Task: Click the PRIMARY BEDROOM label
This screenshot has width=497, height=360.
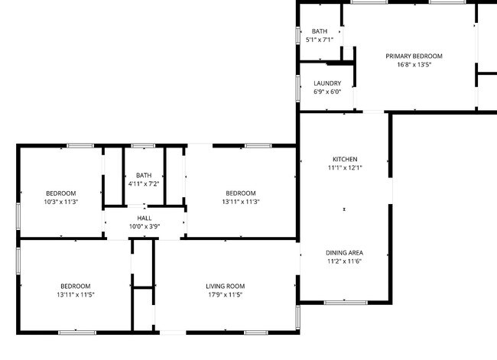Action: point(414,56)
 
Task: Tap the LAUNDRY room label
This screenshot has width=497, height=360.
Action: point(327,83)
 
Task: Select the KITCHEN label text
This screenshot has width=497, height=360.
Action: point(345,159)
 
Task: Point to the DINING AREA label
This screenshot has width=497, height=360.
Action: point(345,252)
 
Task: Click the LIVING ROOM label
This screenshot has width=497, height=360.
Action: point(226,286)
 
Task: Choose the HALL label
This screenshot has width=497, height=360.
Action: point(145,218)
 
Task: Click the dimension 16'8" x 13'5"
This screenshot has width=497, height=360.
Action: point(414,65)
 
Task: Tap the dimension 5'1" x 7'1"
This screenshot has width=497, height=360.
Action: point(320,40)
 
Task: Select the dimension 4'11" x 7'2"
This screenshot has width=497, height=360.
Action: point(144,183)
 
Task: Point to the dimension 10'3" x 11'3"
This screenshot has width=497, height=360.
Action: point(61,202)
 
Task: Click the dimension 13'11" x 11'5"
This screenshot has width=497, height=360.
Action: point(76,295)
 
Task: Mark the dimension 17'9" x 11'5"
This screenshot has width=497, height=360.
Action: point(226,295)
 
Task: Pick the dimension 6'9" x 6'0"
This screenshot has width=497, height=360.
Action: point(327,92)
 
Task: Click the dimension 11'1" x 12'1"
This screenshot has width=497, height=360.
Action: point(345,167)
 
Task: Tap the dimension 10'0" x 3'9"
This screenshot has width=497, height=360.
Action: point(145,226)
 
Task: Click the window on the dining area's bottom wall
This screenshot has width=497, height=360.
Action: point(346,303)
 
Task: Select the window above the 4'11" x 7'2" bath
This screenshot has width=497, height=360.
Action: point(143,146)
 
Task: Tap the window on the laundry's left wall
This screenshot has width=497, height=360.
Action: point(298,89)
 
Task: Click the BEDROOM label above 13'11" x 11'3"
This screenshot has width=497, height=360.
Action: point(241,193)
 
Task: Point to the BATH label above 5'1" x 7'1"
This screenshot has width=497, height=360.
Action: point(320,31)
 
